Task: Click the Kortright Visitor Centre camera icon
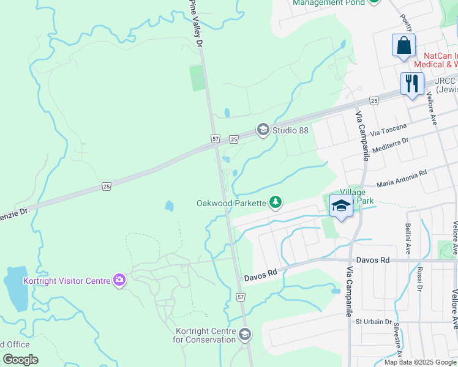(x=119, y=281)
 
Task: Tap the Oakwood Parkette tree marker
(x=276, y=202)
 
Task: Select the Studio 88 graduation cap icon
(x=263, y=129)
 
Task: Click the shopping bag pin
(x=404, y=46)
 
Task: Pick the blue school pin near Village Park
(x=341, y=206)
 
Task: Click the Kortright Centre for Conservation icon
(x=245, y=334)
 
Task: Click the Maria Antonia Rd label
(x=402, y=179)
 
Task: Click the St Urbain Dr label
(x=374, y=322)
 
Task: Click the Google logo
(x=20, y=360)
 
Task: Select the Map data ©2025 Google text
(x=420, y=362)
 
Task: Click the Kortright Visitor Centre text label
(x=67, y=281)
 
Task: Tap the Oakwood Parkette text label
(x=231, y=203)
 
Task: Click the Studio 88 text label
(x=290, y=130)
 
